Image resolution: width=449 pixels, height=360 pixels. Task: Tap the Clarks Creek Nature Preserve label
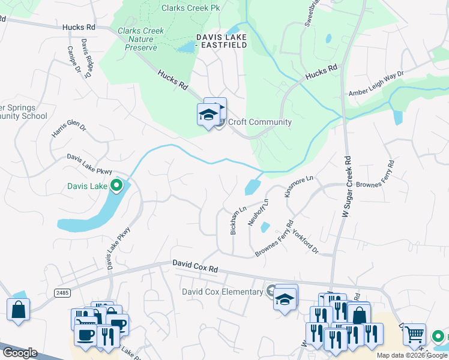(137, 39)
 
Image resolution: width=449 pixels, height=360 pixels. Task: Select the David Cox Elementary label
(223, 292)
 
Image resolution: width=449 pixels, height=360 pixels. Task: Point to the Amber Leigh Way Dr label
(376, 83)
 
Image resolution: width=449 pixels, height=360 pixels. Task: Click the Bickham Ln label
(238, 220)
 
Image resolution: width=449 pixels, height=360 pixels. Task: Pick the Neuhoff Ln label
(258, 212)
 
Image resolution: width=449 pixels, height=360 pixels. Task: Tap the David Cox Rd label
(195, 266)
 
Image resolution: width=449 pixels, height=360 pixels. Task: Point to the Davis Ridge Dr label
(87, 59)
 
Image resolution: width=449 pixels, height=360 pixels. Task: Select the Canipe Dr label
(73, 60)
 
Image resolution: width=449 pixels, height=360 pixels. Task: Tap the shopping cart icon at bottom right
(414, 334)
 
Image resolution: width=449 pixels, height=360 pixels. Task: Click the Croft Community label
(259, 122)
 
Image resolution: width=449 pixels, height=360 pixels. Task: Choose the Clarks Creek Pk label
(190, 8)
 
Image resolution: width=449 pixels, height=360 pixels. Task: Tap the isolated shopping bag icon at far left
(19, 310)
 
